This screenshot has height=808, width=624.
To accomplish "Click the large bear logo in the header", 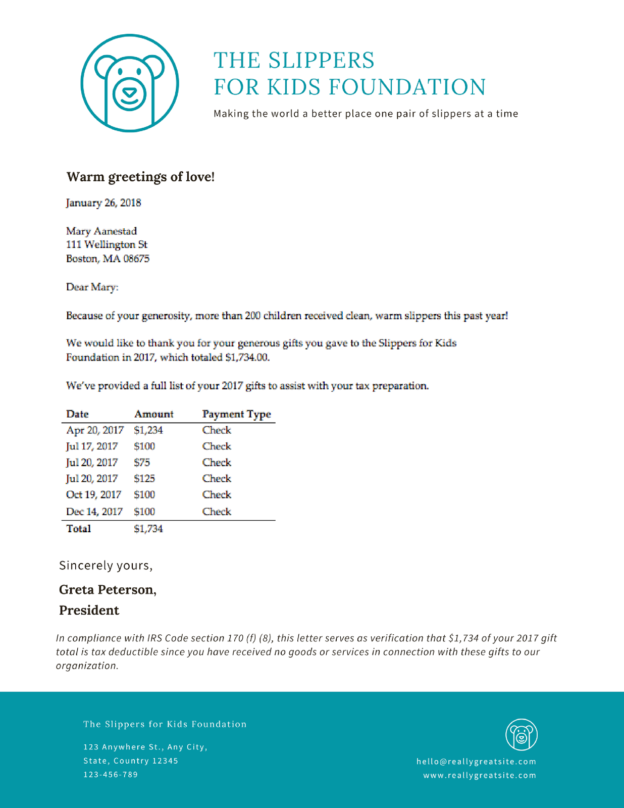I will pos(130,83).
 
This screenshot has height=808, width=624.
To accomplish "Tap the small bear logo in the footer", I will pos(522,735).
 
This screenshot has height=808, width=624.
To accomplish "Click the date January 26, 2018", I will pos(103,203).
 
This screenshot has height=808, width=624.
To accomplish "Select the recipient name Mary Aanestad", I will pos(101,231).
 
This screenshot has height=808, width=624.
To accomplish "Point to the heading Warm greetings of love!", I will pos(140,177).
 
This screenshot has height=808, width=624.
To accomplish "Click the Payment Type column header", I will pos(236,414).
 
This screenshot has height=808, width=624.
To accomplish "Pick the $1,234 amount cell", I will pos(148,430).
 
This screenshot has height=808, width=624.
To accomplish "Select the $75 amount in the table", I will pos(142,463).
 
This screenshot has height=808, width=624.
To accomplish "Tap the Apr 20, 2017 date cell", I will pos(95,430).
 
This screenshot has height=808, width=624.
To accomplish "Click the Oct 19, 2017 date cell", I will pos(93,495).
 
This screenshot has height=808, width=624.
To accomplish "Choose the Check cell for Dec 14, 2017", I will pos(217,512).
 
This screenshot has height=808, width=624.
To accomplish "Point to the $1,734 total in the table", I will pos(148,529).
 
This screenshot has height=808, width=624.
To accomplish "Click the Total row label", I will pos(79,529).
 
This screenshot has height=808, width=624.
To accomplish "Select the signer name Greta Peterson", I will pos(108,590).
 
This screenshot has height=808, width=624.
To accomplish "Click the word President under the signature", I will pos(89,611).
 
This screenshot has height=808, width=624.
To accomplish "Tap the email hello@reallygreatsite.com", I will pos(476,762).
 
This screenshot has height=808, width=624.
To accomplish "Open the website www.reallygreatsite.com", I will pos(480,775).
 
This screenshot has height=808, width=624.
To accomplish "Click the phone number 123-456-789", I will pos(111,775).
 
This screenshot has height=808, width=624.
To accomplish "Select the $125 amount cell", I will pos(144,479).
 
